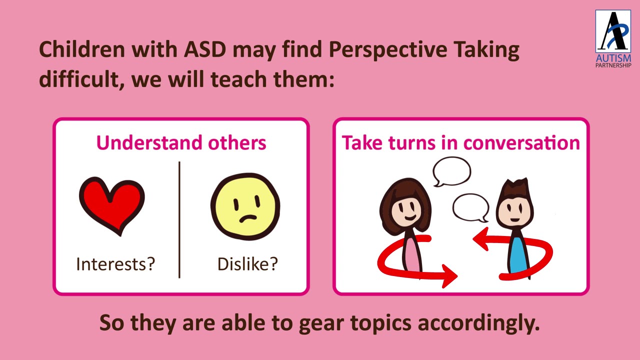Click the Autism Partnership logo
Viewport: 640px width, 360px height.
click(x=613, y=38)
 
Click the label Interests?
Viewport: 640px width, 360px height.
click(x=115, y=263)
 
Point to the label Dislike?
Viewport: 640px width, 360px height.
click(x=247, y=263)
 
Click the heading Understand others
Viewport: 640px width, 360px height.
click(x=181, y=142)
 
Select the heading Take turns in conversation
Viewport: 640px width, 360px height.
click(x=460, y=142)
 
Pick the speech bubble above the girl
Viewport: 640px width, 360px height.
click(x=451, y=171)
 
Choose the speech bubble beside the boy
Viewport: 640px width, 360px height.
click(x=470, y=207)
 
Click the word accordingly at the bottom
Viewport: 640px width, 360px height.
click(x=478, y=323)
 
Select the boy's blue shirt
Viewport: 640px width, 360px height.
click(x=517, y=255)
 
